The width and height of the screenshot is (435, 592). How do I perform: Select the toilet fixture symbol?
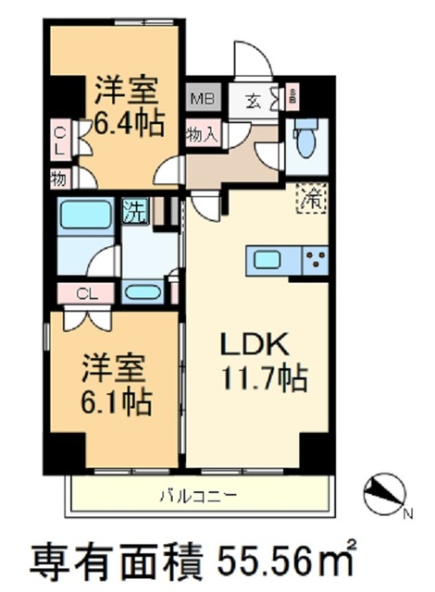302,141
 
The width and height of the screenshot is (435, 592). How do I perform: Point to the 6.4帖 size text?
130,121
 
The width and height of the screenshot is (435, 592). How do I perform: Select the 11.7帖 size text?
263,377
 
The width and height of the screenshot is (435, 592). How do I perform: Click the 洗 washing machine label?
134,210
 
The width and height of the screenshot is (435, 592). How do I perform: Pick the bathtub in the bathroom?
86,215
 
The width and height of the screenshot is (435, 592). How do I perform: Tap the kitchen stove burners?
315,260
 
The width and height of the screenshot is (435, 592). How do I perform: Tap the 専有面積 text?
109,559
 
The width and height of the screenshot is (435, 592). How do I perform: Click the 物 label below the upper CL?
57,178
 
